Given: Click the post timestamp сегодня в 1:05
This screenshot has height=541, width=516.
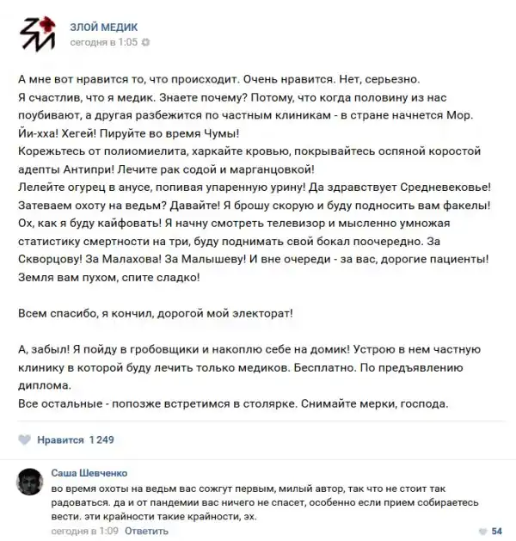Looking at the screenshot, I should click(x=103, y=41).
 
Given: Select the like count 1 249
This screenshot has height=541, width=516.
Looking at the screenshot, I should click(x=101, y=440).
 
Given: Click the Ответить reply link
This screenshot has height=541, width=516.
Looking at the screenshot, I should click(x=146, y=531).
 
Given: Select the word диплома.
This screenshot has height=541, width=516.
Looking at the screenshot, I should click(x=42, y=386).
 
